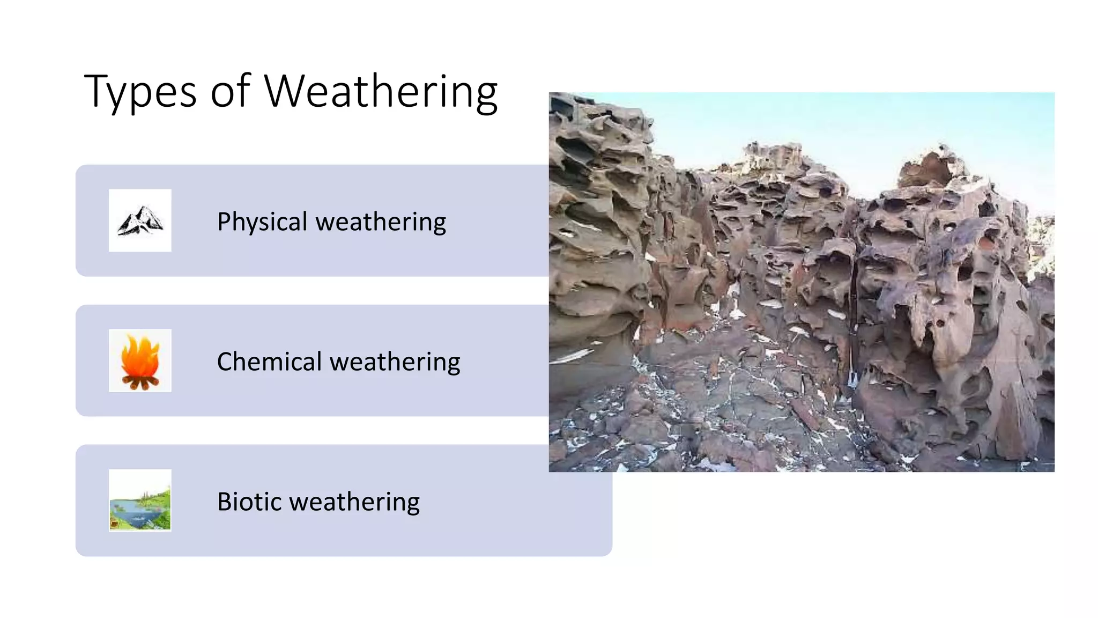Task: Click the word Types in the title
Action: coord(140,92)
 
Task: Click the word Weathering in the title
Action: coord(381,92)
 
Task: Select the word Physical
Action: coord(262,222)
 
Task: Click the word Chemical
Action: coord(269,362)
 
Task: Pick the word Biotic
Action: coord(249,502)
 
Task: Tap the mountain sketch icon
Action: coord(140,220)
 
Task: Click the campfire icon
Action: coord(140,360)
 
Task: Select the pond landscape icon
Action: coord(140,501)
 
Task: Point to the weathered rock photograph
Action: coord(801,282)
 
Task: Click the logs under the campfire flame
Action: coord(140,382)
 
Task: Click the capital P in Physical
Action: coord(224,221)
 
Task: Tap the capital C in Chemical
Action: coord(225,361)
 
